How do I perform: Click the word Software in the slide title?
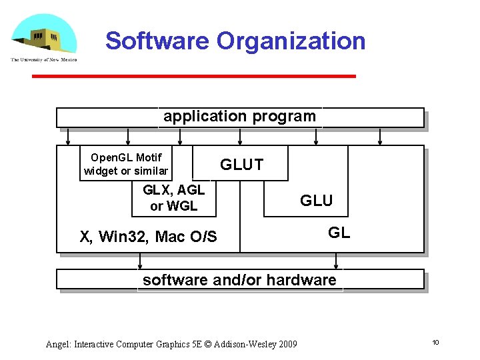click(157, 41)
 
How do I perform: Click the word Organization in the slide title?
click(290, 41)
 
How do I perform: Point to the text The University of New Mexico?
click(43, 60)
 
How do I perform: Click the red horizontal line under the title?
click(193, 76)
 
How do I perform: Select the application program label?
click(239, 117)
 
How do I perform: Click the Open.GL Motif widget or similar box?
click(125, 164)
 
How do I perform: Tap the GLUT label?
click(241, 165)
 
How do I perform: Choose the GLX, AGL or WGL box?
click(174, 199)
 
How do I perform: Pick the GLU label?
click(316, 201)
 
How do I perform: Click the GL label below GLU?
click(339, 233)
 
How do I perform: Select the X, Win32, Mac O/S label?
click(148, 237)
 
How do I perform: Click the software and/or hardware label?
click(239, 280)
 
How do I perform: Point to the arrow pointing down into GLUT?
click(241, 136)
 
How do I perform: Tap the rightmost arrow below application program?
click(380, 136)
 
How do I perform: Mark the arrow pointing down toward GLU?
click(317, 136)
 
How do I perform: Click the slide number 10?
click(435, 343)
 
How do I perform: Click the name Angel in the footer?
click(57, 344)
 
